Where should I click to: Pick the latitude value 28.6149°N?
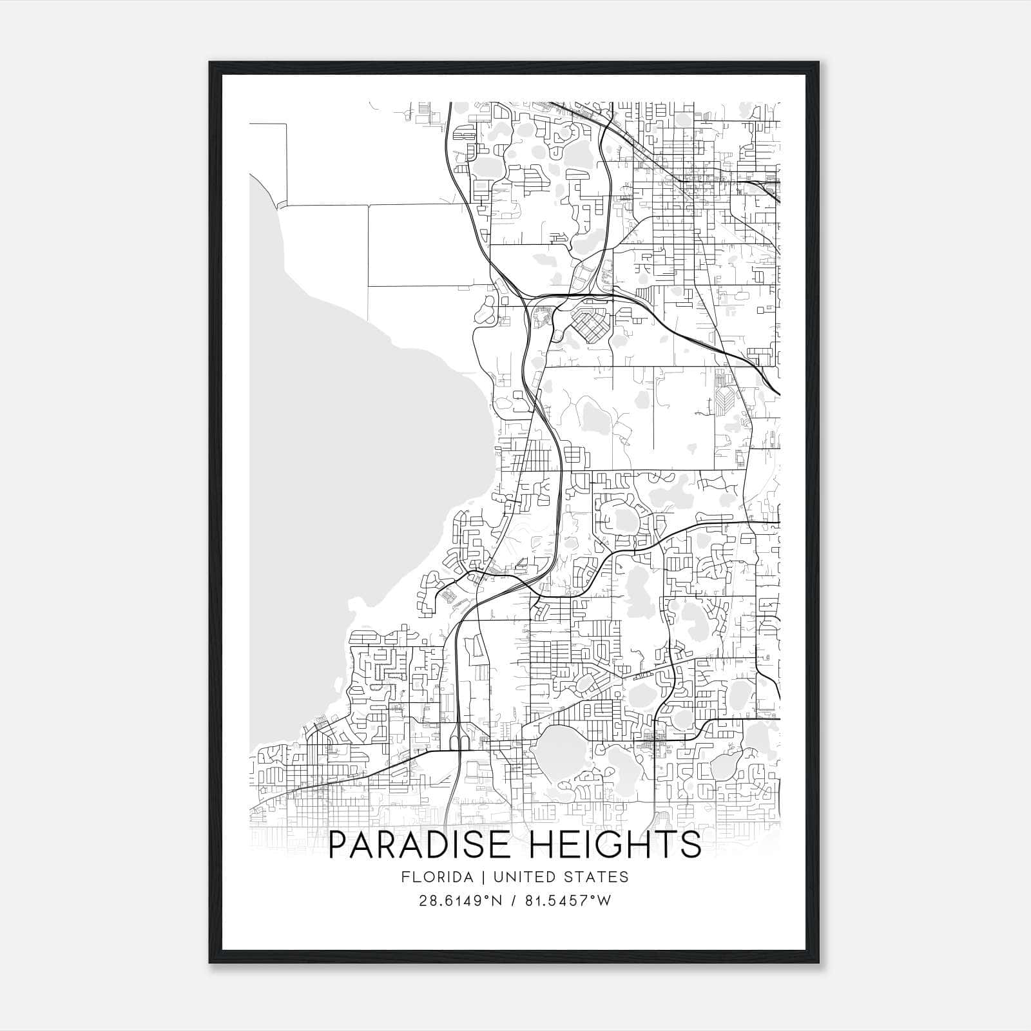coord(459,900)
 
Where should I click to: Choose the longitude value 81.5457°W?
coord(566,900)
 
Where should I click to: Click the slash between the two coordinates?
coord(512,900)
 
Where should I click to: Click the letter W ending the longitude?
coord(603,900)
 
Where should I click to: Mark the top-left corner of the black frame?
coord(210,63)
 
